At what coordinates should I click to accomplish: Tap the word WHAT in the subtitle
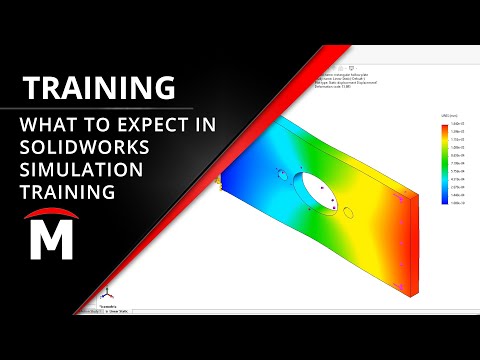(x=46, y=127)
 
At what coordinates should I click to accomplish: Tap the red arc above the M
(x=52, y=217)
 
